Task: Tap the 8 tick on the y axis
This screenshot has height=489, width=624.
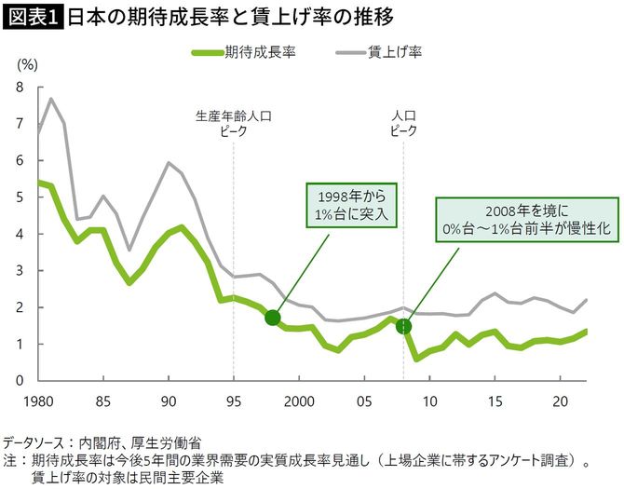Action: tap(20, 87)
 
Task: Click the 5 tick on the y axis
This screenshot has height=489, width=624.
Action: tap(20, 197)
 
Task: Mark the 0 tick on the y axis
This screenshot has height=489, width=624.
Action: tap(20, 380)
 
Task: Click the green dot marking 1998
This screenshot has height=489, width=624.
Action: tap(272, 318)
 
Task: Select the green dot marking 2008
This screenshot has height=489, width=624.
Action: tap(403, 326)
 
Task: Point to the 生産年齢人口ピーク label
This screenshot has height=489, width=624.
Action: tap(233, 125)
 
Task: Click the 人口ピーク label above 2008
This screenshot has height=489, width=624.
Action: tap(403, 125)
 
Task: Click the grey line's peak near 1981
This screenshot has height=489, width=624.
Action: tap(51, 99)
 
